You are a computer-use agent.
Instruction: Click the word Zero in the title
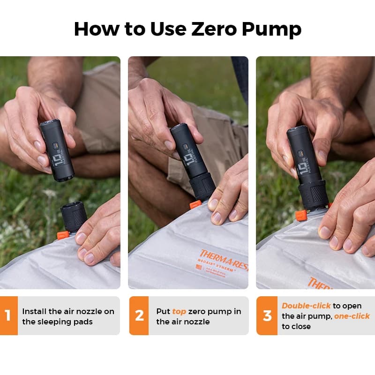pyautogui.click(x=213, y=29)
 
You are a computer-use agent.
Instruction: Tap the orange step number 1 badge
pyautogui.click(x=8, y=315)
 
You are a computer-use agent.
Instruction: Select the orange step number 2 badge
pyautogui.click(x=139, y=315)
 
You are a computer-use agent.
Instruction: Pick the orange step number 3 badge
pyautogui.click(x=267, y=315)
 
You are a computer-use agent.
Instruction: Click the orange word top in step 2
pyautogui.click(x=179, y=311)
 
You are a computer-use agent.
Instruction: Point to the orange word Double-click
pyautogui.click(x=306, y=306)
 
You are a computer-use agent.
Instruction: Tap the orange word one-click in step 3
pyautogui.click(x=352, y=316)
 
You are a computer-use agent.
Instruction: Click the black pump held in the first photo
pyautogui.click(x=56, y=150)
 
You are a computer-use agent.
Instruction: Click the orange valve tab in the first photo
pyautogui.click(x=63, y=234)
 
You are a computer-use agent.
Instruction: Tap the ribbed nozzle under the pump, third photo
pyautogui.click(x=313, y=195)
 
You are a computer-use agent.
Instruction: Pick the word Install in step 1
pyautogui.click(x=34, y=311)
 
